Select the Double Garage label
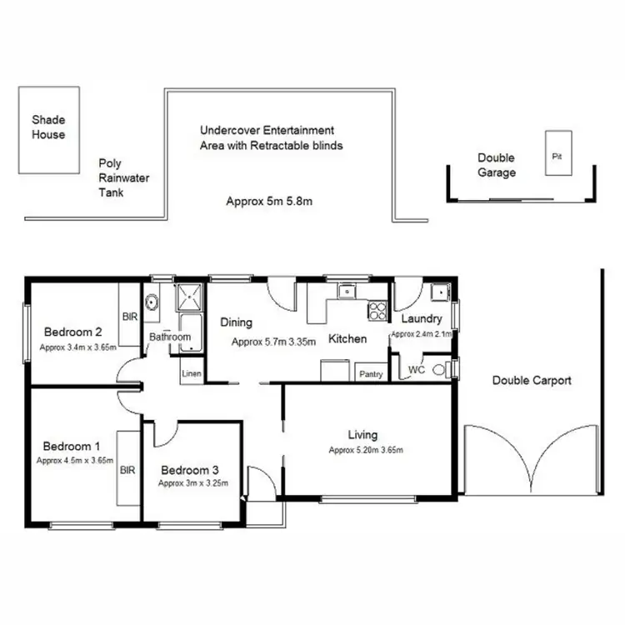click(x=496, y=165)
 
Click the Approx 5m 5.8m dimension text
click(x=269, y=201)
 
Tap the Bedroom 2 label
click(x=73, y=331)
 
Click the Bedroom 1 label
click(x=72, y=445)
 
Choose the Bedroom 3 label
click(x=190, y=468)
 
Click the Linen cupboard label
click(x=191, y=374)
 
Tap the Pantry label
click(x=371, y=374)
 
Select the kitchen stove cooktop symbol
click(x=377, y=312)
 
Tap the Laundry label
click(x=421, y=319)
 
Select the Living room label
click(x=362, y=434)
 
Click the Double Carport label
click(x=532, y=381)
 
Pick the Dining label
click(x=236, y=322)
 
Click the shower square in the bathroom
click(x=189, y=297)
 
